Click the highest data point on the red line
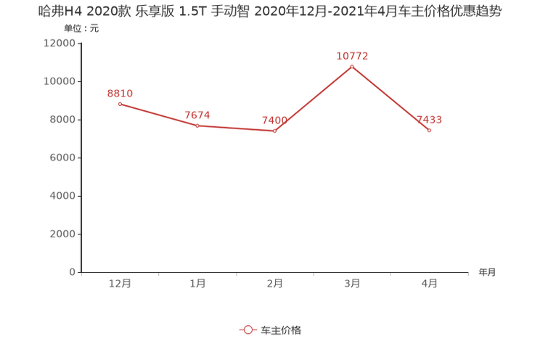352,67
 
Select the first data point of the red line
120,104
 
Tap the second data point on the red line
197,126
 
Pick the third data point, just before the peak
274,131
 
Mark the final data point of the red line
430,131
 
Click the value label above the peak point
353,55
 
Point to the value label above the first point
120,94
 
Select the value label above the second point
197,115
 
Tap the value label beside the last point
429,119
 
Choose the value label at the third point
270,120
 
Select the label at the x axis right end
487,273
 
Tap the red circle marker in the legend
248,330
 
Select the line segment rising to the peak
314,99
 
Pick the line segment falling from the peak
391,99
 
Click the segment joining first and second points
158,115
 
